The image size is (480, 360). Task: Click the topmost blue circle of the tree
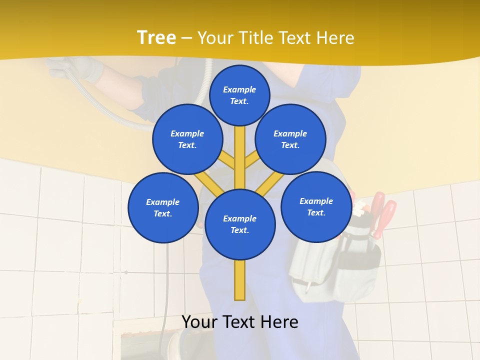(239, 95)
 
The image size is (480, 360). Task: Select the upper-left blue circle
(187, 139)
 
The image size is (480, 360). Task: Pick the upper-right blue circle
(290, 139)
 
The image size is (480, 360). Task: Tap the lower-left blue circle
(163, 207)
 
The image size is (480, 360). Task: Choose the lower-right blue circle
(316, 206)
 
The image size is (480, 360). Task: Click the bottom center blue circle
(240, 224)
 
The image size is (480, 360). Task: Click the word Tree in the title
(156, 37)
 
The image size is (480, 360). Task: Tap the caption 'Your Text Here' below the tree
(240, 322)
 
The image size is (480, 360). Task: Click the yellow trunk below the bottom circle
(240, 280)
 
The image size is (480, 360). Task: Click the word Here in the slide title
(335, 37)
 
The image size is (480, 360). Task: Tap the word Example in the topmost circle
(239, 89)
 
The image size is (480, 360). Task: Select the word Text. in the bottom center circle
(239, 230)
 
